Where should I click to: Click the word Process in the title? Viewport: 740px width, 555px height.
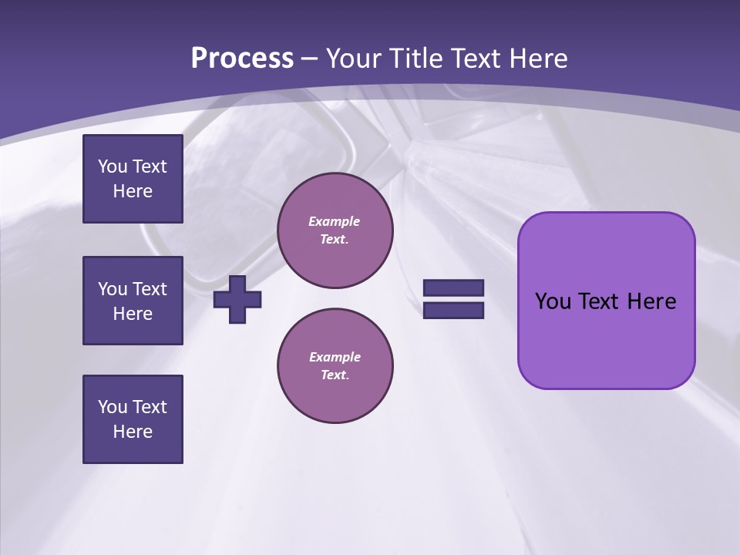(x=242, y=59)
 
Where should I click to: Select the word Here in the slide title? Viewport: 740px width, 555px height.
(x=540, y=59)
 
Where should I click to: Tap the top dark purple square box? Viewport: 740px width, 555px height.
(x=133, y=179)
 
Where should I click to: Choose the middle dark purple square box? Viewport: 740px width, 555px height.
(x=133, y=301)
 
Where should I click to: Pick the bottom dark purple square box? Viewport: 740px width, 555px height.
(x=133, y=419)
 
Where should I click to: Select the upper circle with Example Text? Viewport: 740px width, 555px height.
(x=335, y=230)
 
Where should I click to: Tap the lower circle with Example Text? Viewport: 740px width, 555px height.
(x=335, y=366)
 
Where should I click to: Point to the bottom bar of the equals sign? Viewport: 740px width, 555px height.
(x=453, y=311)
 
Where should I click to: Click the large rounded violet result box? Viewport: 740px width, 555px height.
(x=606, y=339)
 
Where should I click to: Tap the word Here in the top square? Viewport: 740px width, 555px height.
(x=133, y=191)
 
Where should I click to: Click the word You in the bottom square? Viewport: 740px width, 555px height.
(x=113, y=407)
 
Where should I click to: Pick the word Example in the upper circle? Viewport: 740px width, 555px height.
(x=335, y=221)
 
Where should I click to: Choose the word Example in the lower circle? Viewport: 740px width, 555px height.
(x=335, y=357)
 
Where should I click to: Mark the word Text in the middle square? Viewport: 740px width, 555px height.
(x=150, y=289)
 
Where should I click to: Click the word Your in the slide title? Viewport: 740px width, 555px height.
(x=354, y=59)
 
